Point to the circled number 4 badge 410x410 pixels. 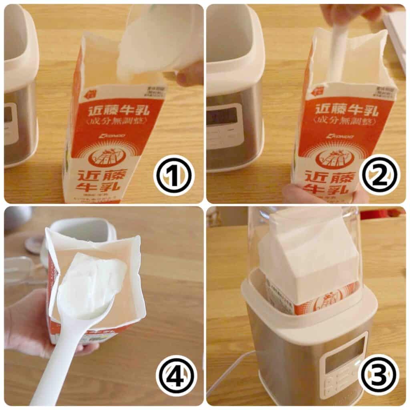[177, 375]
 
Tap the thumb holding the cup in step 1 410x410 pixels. [191, 74]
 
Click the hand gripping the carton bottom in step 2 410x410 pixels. [298, 194]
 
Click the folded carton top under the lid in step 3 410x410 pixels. [308, 256]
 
